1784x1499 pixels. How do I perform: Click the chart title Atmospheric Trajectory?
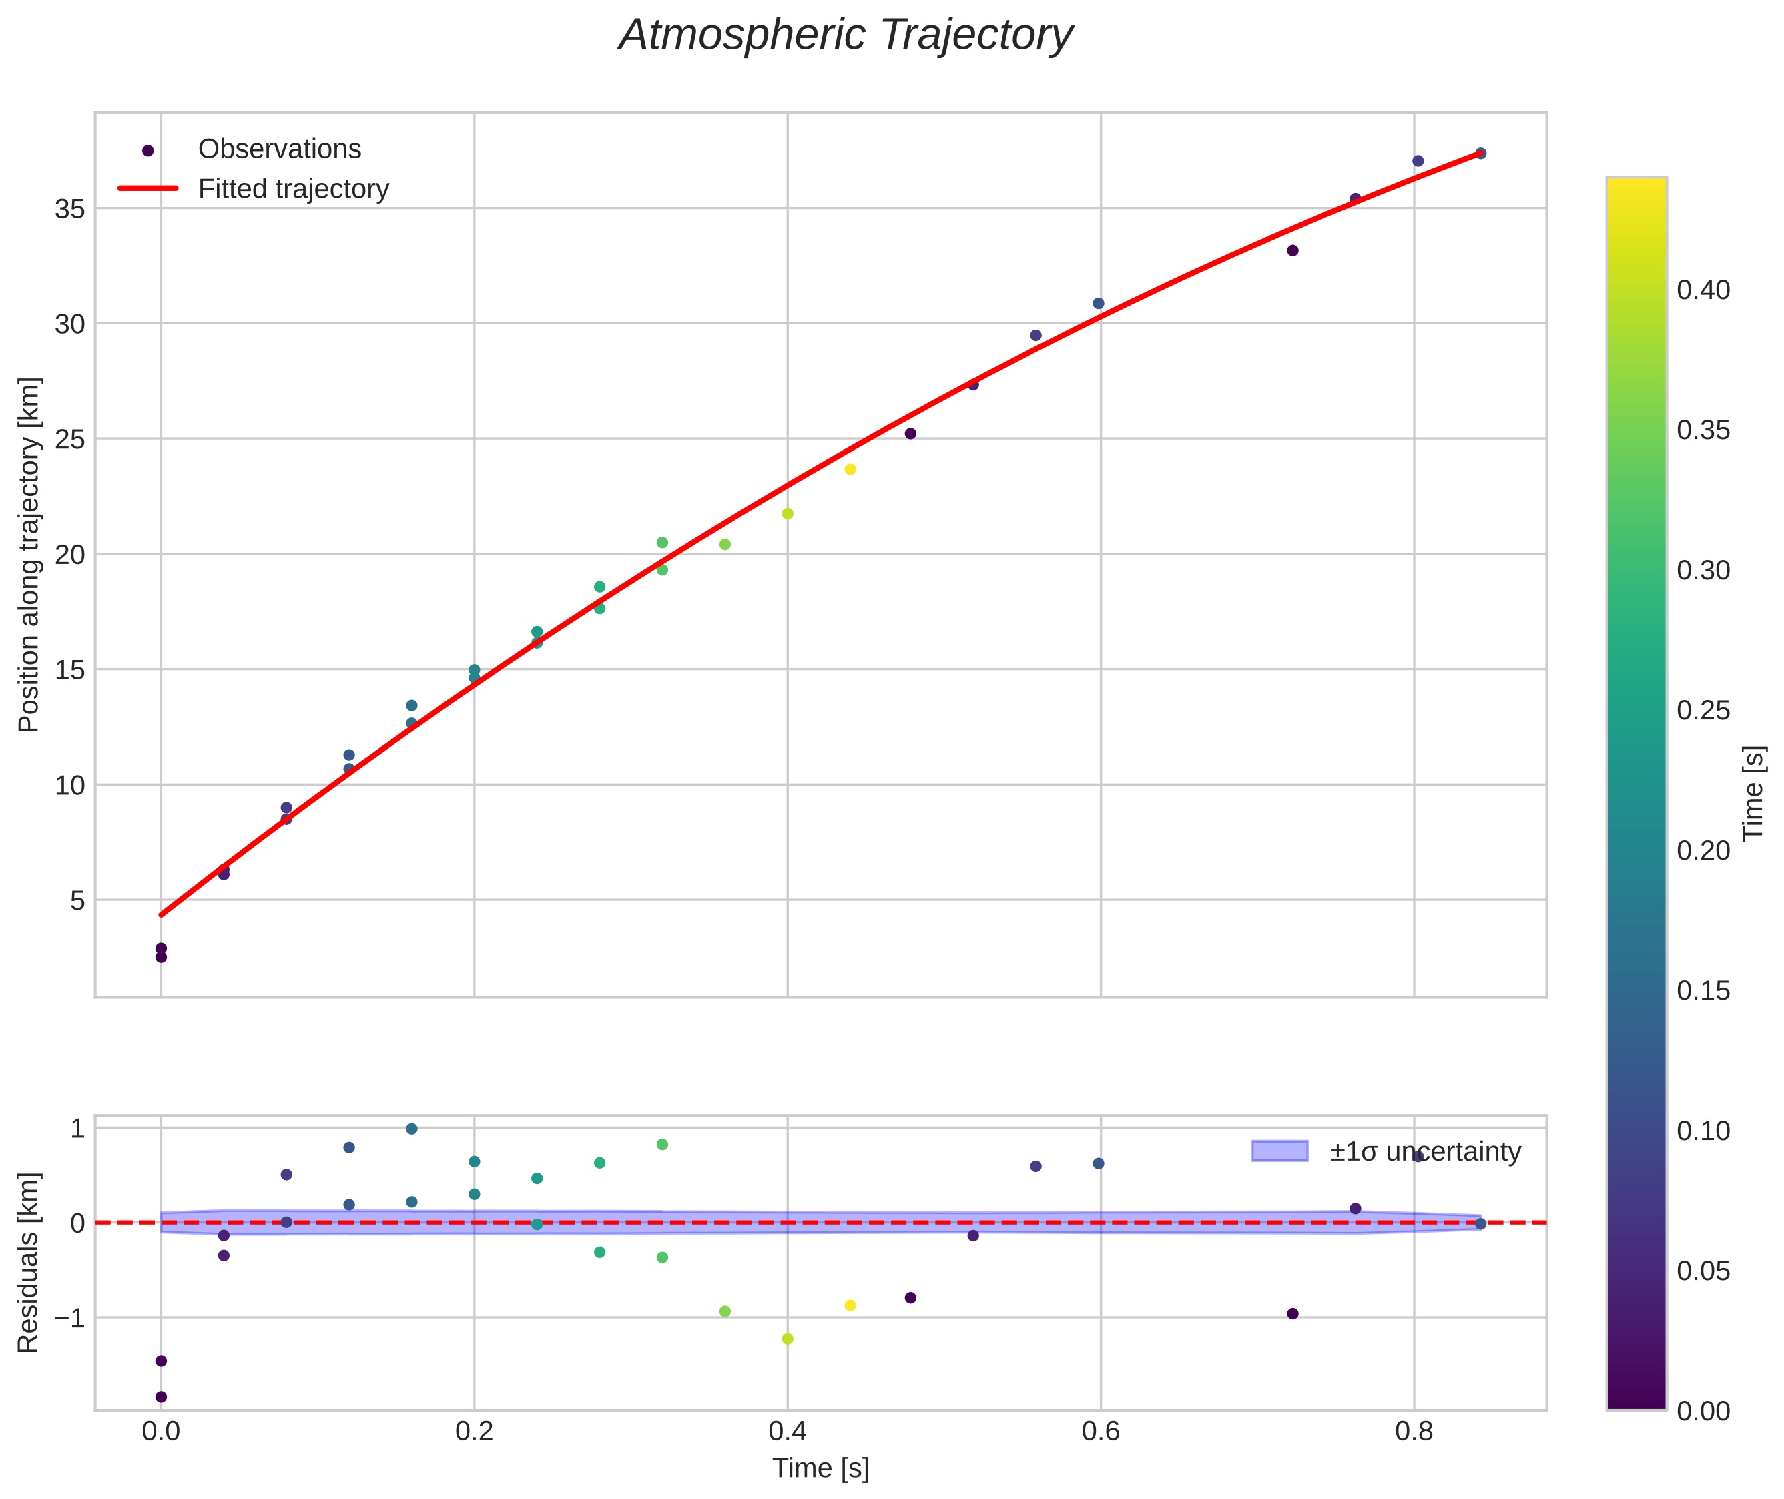click(846, 35)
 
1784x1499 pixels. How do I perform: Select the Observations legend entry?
click(279, 149)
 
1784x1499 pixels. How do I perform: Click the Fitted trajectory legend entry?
click(293, 189)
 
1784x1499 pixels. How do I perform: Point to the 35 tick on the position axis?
click(71, 209)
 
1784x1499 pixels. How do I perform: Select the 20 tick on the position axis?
click(71, 555)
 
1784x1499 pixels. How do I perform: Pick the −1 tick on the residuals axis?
click(66, 1319)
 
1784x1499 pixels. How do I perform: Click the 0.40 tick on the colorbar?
click(1703, 290)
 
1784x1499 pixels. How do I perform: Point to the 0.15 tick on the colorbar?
click(1703, 991)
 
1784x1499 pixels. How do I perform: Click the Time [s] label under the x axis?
click(820, 1468)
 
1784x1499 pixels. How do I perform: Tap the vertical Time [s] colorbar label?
click(1753, 793)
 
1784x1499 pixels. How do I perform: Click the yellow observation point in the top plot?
click(850, 469)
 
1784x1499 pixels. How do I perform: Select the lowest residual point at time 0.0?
click(161, 1397)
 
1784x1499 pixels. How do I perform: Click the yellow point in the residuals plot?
click(850, 1306)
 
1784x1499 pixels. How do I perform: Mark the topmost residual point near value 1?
click(411, 1129)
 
